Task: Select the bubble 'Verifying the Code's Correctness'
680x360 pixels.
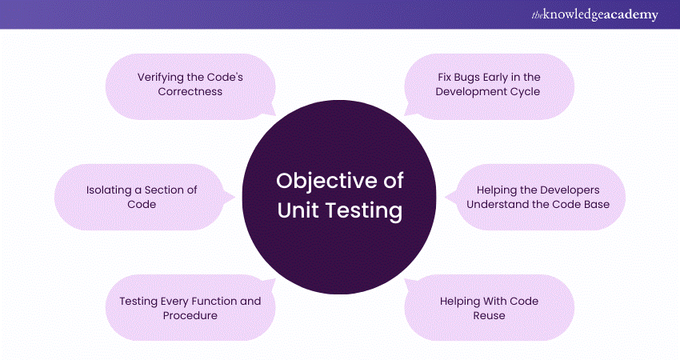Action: coord(190,84)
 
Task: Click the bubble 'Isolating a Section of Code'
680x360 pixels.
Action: coord(142,197)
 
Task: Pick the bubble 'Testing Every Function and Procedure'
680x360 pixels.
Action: coord(190,308)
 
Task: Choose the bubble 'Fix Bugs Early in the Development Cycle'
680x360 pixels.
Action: coord(488,84)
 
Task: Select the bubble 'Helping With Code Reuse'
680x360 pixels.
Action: coord(488,308)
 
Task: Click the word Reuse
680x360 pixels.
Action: coord(489,315)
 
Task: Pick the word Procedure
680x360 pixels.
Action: coord(190,315)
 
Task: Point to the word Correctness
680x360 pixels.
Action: coord(190,91)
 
